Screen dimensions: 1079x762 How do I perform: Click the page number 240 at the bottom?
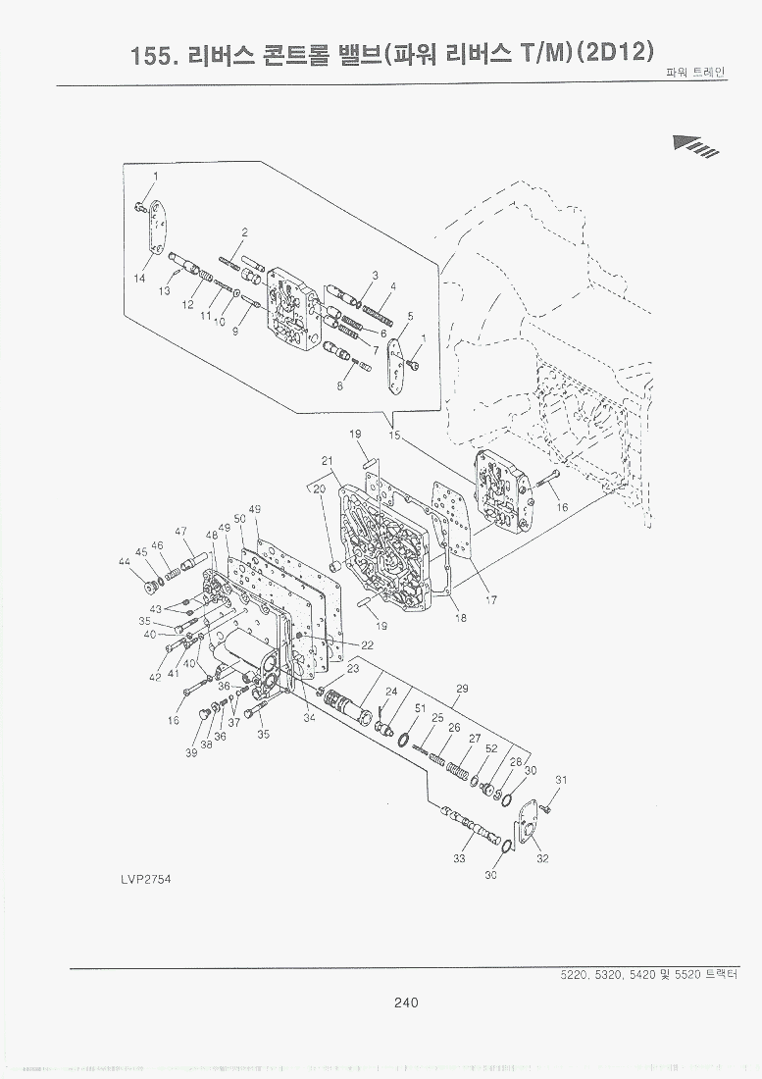click(406, 1002)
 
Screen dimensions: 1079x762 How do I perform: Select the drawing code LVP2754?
click(146, 878)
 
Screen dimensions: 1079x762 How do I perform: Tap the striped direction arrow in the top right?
click(697, 145)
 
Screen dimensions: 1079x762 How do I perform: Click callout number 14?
click(140, 278)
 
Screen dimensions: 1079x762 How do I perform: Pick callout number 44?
click(125, 562)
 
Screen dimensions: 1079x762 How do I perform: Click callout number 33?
click(458, 859)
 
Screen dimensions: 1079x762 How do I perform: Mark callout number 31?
click(560, 780)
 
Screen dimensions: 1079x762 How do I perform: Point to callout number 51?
click(419, 707)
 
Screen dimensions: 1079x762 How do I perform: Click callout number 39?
click(191, 752)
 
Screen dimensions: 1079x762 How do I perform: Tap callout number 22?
click(367, 644)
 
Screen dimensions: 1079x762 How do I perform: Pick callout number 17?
click(491, 601)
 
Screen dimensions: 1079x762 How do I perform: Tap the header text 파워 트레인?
click(696, 73)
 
